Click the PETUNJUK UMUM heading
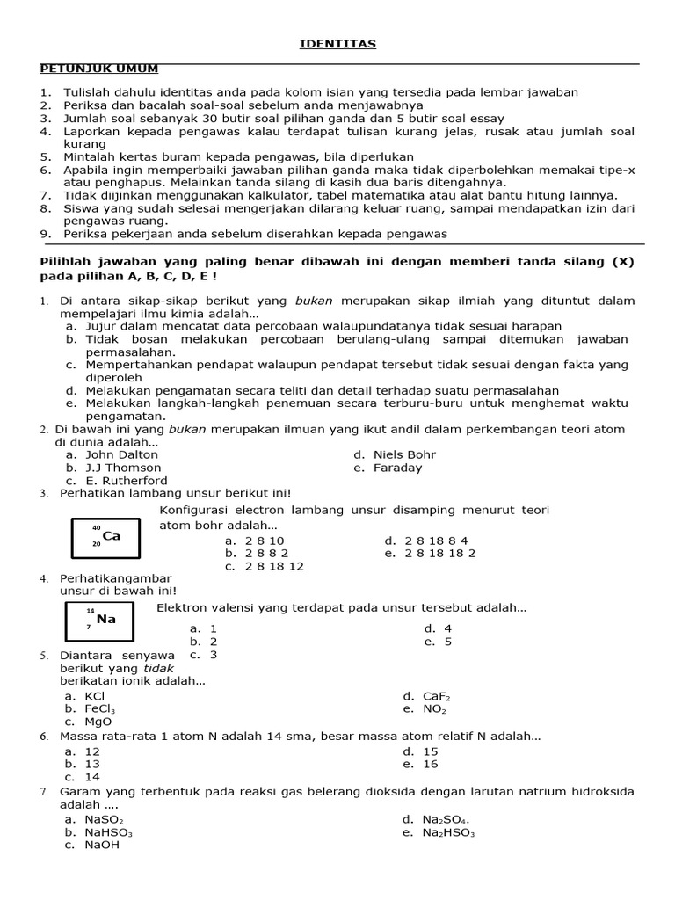[x=99, y=69]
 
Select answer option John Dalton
[x=121, y=454]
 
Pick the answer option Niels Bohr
[x=404, y=454]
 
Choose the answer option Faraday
[x=397, y=468]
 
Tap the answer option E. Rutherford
[x=126, y=481]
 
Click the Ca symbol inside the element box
[x=112, y=535]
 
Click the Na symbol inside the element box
[x=106, y=619]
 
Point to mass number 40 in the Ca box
[x=97, y=527]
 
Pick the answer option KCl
[x=95, y=696]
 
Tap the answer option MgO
[x=98, y=722]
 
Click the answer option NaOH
[x=102, y=845]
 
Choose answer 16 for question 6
[x=430, y=764]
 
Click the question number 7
[x=44, y=792]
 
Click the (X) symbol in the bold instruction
[x=622, y=262]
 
